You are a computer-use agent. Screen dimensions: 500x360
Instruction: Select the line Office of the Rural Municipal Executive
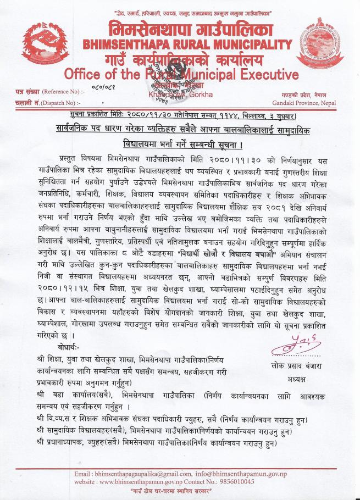(x=181, y=74)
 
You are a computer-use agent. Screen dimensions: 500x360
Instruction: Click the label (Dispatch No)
(x=59, y=102)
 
